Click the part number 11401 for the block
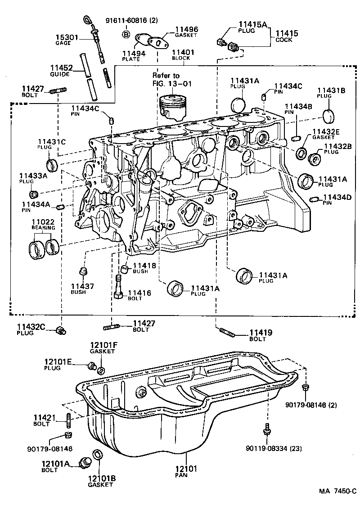(181, 52)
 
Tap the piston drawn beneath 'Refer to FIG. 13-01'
(173, 106)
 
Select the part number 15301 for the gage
(67, 37)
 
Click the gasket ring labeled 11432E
(301, 153)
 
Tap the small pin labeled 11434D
(315, 199)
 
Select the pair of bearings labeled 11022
(44, 248)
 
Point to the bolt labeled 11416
(119, 288)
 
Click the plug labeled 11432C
(60, 331)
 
